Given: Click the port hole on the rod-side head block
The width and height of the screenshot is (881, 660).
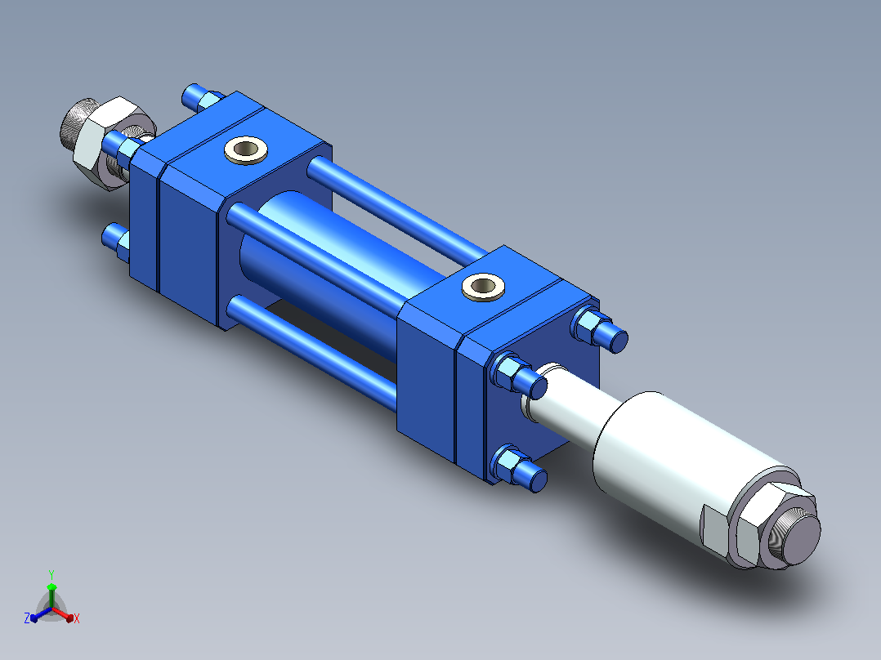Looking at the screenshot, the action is (483, 287).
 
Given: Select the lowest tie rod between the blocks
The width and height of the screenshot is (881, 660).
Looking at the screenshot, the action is (312, 353).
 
